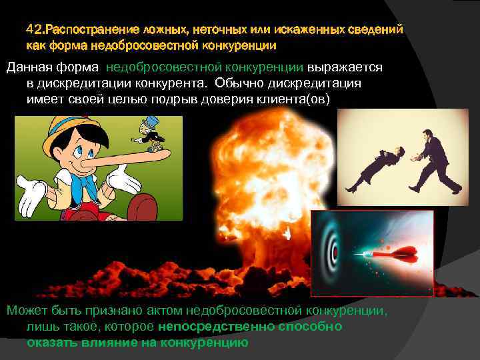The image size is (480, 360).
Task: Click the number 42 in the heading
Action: point(33,31)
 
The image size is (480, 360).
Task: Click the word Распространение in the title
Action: point(87,31)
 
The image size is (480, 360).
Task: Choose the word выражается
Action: point(344,67)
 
